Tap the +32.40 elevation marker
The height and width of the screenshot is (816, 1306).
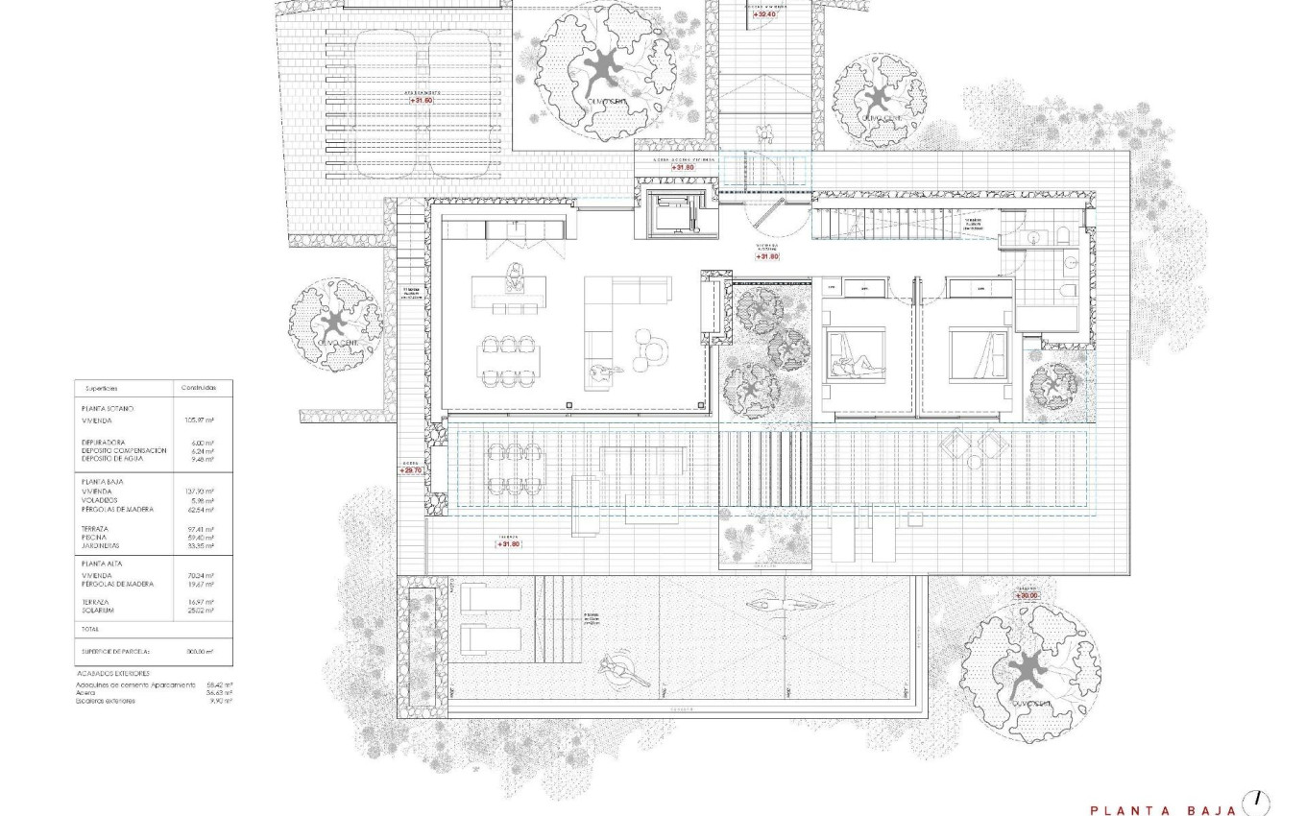coord(765,14)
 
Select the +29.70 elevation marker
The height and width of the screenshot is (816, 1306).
coord(411,470)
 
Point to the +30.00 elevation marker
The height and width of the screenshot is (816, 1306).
coord(1027,596)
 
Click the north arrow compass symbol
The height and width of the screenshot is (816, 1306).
coord(1256,801)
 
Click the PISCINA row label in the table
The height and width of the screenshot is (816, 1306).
coord(94,538)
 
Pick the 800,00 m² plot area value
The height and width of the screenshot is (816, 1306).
coord(199,651)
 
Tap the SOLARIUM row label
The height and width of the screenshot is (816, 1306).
coord(98,610)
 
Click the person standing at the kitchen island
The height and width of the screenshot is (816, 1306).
coord(515,277)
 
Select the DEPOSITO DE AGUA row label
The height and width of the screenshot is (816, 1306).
coord(112,458)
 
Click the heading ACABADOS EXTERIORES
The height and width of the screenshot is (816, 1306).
coord(113,674)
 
